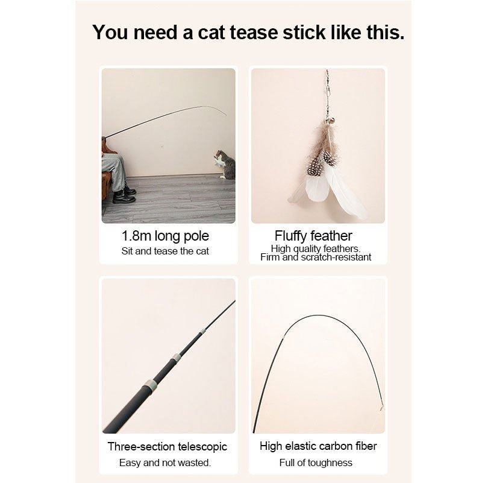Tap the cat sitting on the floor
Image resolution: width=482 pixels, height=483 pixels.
click(225, 165)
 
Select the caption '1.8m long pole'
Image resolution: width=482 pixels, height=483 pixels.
click(165, 236)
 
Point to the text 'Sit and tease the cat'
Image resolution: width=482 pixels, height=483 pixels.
click(165, 251)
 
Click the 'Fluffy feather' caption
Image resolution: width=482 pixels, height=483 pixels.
click(313, 236)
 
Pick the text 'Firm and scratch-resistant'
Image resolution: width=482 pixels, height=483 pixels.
click(316, 257)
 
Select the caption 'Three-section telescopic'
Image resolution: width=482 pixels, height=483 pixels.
click(167, 447)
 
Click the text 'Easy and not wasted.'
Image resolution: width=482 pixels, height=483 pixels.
click(165, 462)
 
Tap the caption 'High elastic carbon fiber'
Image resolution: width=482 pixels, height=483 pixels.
click(318, 446)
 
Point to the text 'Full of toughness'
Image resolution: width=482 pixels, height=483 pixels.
click(316, 462)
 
